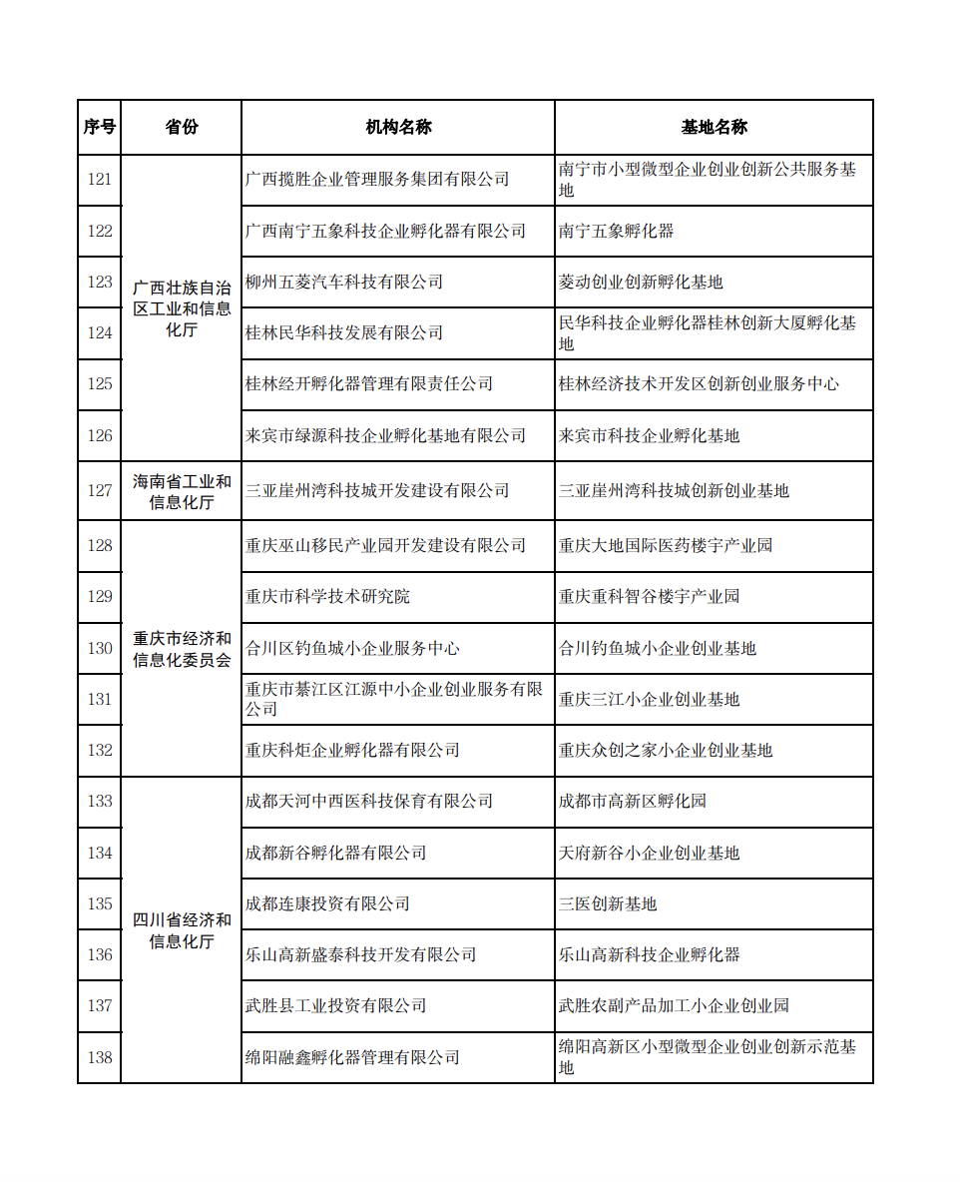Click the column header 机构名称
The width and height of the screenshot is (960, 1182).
[398, 127]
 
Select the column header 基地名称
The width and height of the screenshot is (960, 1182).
[714, 127]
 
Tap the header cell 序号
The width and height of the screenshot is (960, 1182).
[99, 127]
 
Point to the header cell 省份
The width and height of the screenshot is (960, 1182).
[181, 127]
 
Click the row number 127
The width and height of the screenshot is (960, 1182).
[100, 490]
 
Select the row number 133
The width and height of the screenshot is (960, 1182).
[100, 801]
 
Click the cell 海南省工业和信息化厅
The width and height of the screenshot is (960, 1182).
[181, 491]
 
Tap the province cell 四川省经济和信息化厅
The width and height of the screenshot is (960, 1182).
[181, 929]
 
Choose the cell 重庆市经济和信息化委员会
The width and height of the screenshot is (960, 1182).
[181, 649]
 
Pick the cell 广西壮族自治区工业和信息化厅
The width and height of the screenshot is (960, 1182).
[181, 307]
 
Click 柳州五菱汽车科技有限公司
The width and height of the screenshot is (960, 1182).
[344, 282]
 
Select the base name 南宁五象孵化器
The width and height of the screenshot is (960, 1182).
[617, 231]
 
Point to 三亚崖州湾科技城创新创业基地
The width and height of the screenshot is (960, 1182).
[674, 490]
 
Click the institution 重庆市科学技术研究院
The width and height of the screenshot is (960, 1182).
[327, 596]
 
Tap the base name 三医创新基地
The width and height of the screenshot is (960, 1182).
[608, 903]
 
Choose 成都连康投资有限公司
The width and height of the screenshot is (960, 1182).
[327, 903]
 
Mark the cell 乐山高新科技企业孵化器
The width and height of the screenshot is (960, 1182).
[650, 954]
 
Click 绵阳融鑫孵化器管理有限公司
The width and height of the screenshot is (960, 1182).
[352, 1057]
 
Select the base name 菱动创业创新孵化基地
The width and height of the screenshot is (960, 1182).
[641, 282]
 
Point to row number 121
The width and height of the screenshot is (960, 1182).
[100, 180]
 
